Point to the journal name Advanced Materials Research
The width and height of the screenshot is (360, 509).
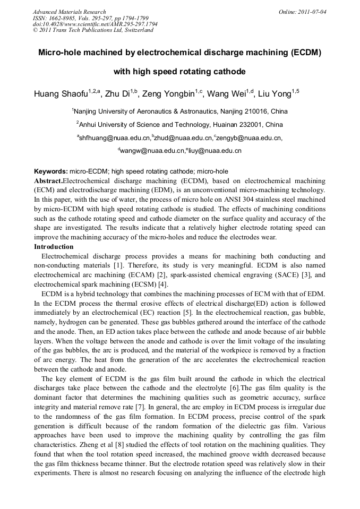69,11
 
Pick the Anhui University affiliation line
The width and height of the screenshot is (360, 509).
179,125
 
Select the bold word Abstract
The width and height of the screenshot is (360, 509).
48,180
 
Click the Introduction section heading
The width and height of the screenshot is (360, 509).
54,247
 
